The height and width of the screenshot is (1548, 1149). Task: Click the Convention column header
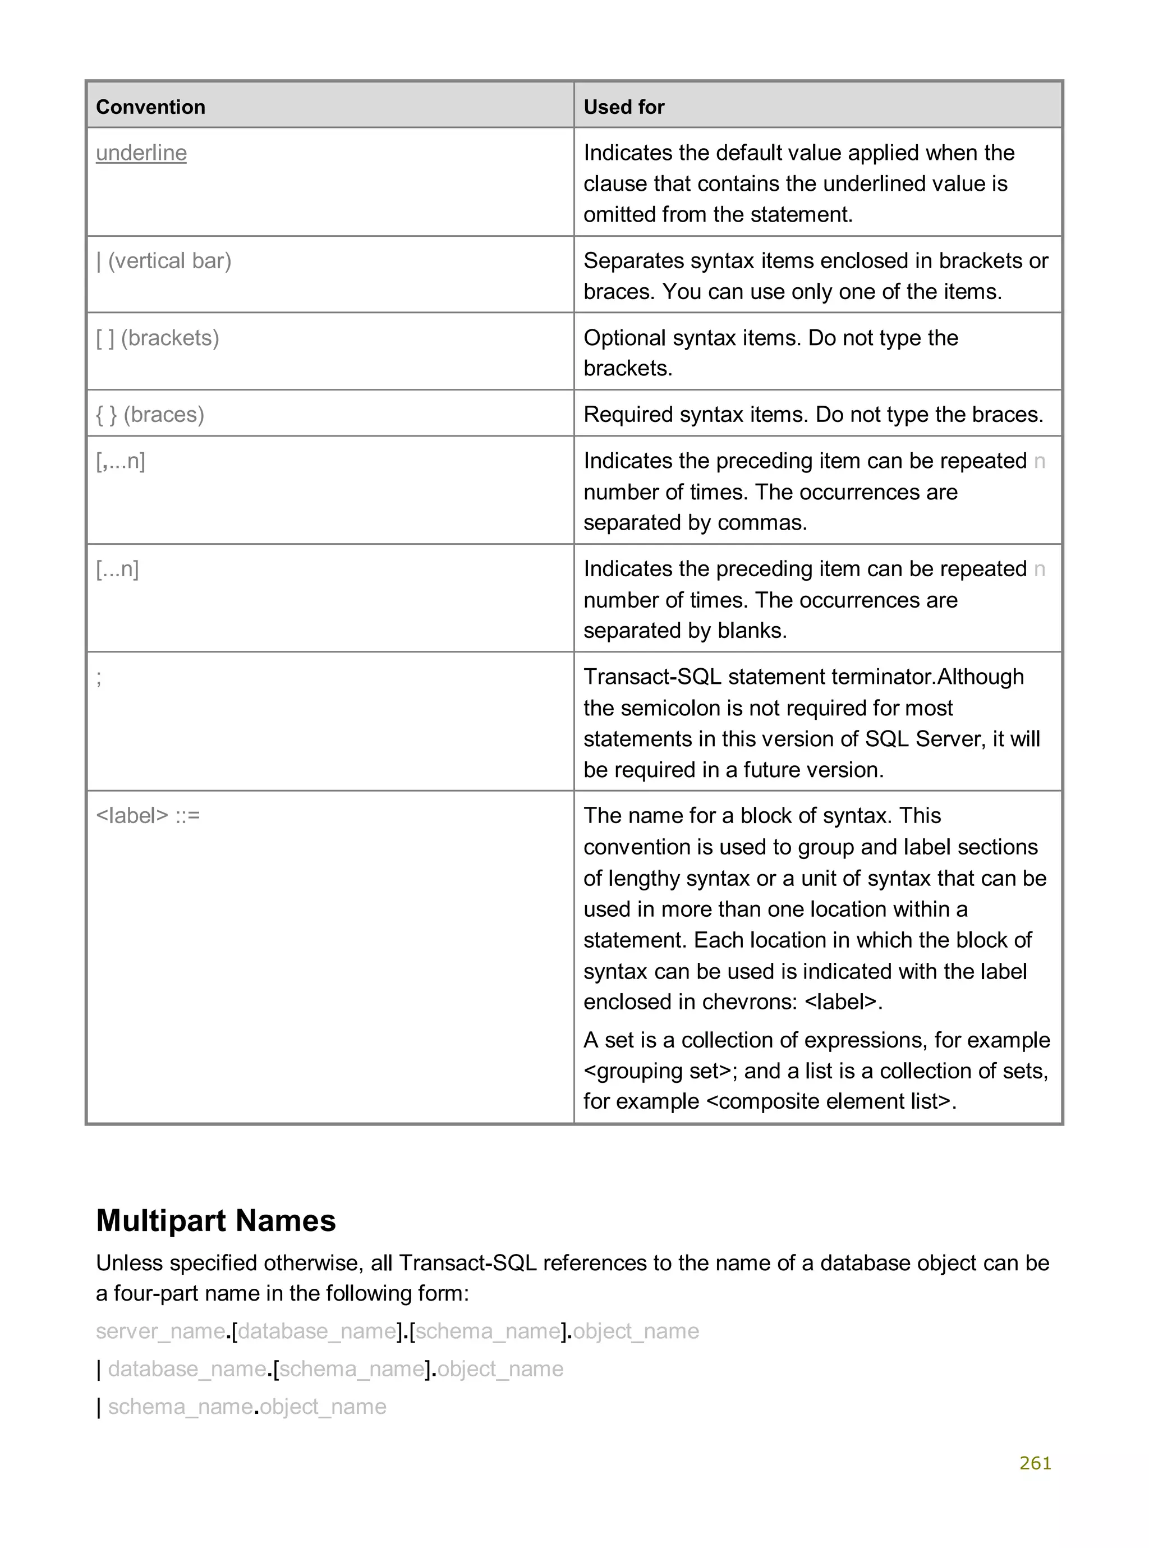coord(150,107)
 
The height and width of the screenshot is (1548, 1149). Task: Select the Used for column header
coord(624,107)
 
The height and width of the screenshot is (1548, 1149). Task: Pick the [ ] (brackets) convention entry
coord(157,338)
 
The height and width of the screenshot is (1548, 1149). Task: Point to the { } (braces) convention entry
coord(150,415)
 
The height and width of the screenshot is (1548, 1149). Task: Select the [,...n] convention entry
coord(120,461)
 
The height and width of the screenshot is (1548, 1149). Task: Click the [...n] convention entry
coord(118,569)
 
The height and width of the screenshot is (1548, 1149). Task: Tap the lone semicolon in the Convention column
coord(99,677)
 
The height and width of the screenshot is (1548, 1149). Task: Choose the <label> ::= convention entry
coord(148,815)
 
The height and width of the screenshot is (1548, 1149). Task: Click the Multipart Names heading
coord(215,1220)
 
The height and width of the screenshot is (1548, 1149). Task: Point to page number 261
coord(1035,1463)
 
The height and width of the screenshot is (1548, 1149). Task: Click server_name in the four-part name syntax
coord(160,1331)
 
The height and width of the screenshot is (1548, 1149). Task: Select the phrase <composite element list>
coord(828,1101)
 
